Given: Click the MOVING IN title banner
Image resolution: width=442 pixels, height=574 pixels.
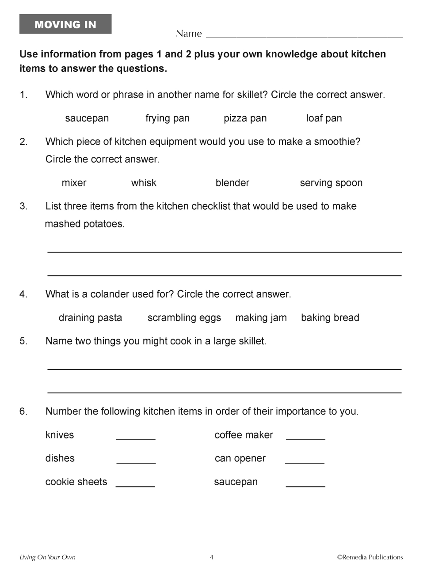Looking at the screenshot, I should click(65, 24).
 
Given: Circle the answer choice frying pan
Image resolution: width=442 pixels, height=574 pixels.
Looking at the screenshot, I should click(168, 118).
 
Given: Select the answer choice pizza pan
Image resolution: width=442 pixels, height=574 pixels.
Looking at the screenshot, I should click(245, 118).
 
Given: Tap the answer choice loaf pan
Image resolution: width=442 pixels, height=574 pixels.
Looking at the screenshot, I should click(324, 118).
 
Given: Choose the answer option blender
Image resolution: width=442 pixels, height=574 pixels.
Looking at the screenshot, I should click(232, 183).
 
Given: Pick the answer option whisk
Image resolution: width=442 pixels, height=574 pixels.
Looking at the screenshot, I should click(144, 183).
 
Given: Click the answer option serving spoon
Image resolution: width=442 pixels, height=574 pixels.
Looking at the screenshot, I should click(331, 183).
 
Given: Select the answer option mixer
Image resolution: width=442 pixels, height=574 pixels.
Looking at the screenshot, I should click(74, 183).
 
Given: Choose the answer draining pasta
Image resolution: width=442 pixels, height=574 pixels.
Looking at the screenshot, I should click(90, 318).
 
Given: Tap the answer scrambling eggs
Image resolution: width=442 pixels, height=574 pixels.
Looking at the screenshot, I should click(184, 318).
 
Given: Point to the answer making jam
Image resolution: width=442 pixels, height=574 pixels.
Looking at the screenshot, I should click(261, 318).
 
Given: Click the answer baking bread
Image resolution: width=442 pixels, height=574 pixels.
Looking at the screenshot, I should click(330, 318).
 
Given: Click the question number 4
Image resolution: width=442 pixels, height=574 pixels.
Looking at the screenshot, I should click(23, 295).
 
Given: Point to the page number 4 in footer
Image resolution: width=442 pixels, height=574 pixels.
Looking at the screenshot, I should click(211, 557).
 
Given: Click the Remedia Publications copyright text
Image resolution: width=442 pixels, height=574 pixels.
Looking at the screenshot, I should click(370, 557).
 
